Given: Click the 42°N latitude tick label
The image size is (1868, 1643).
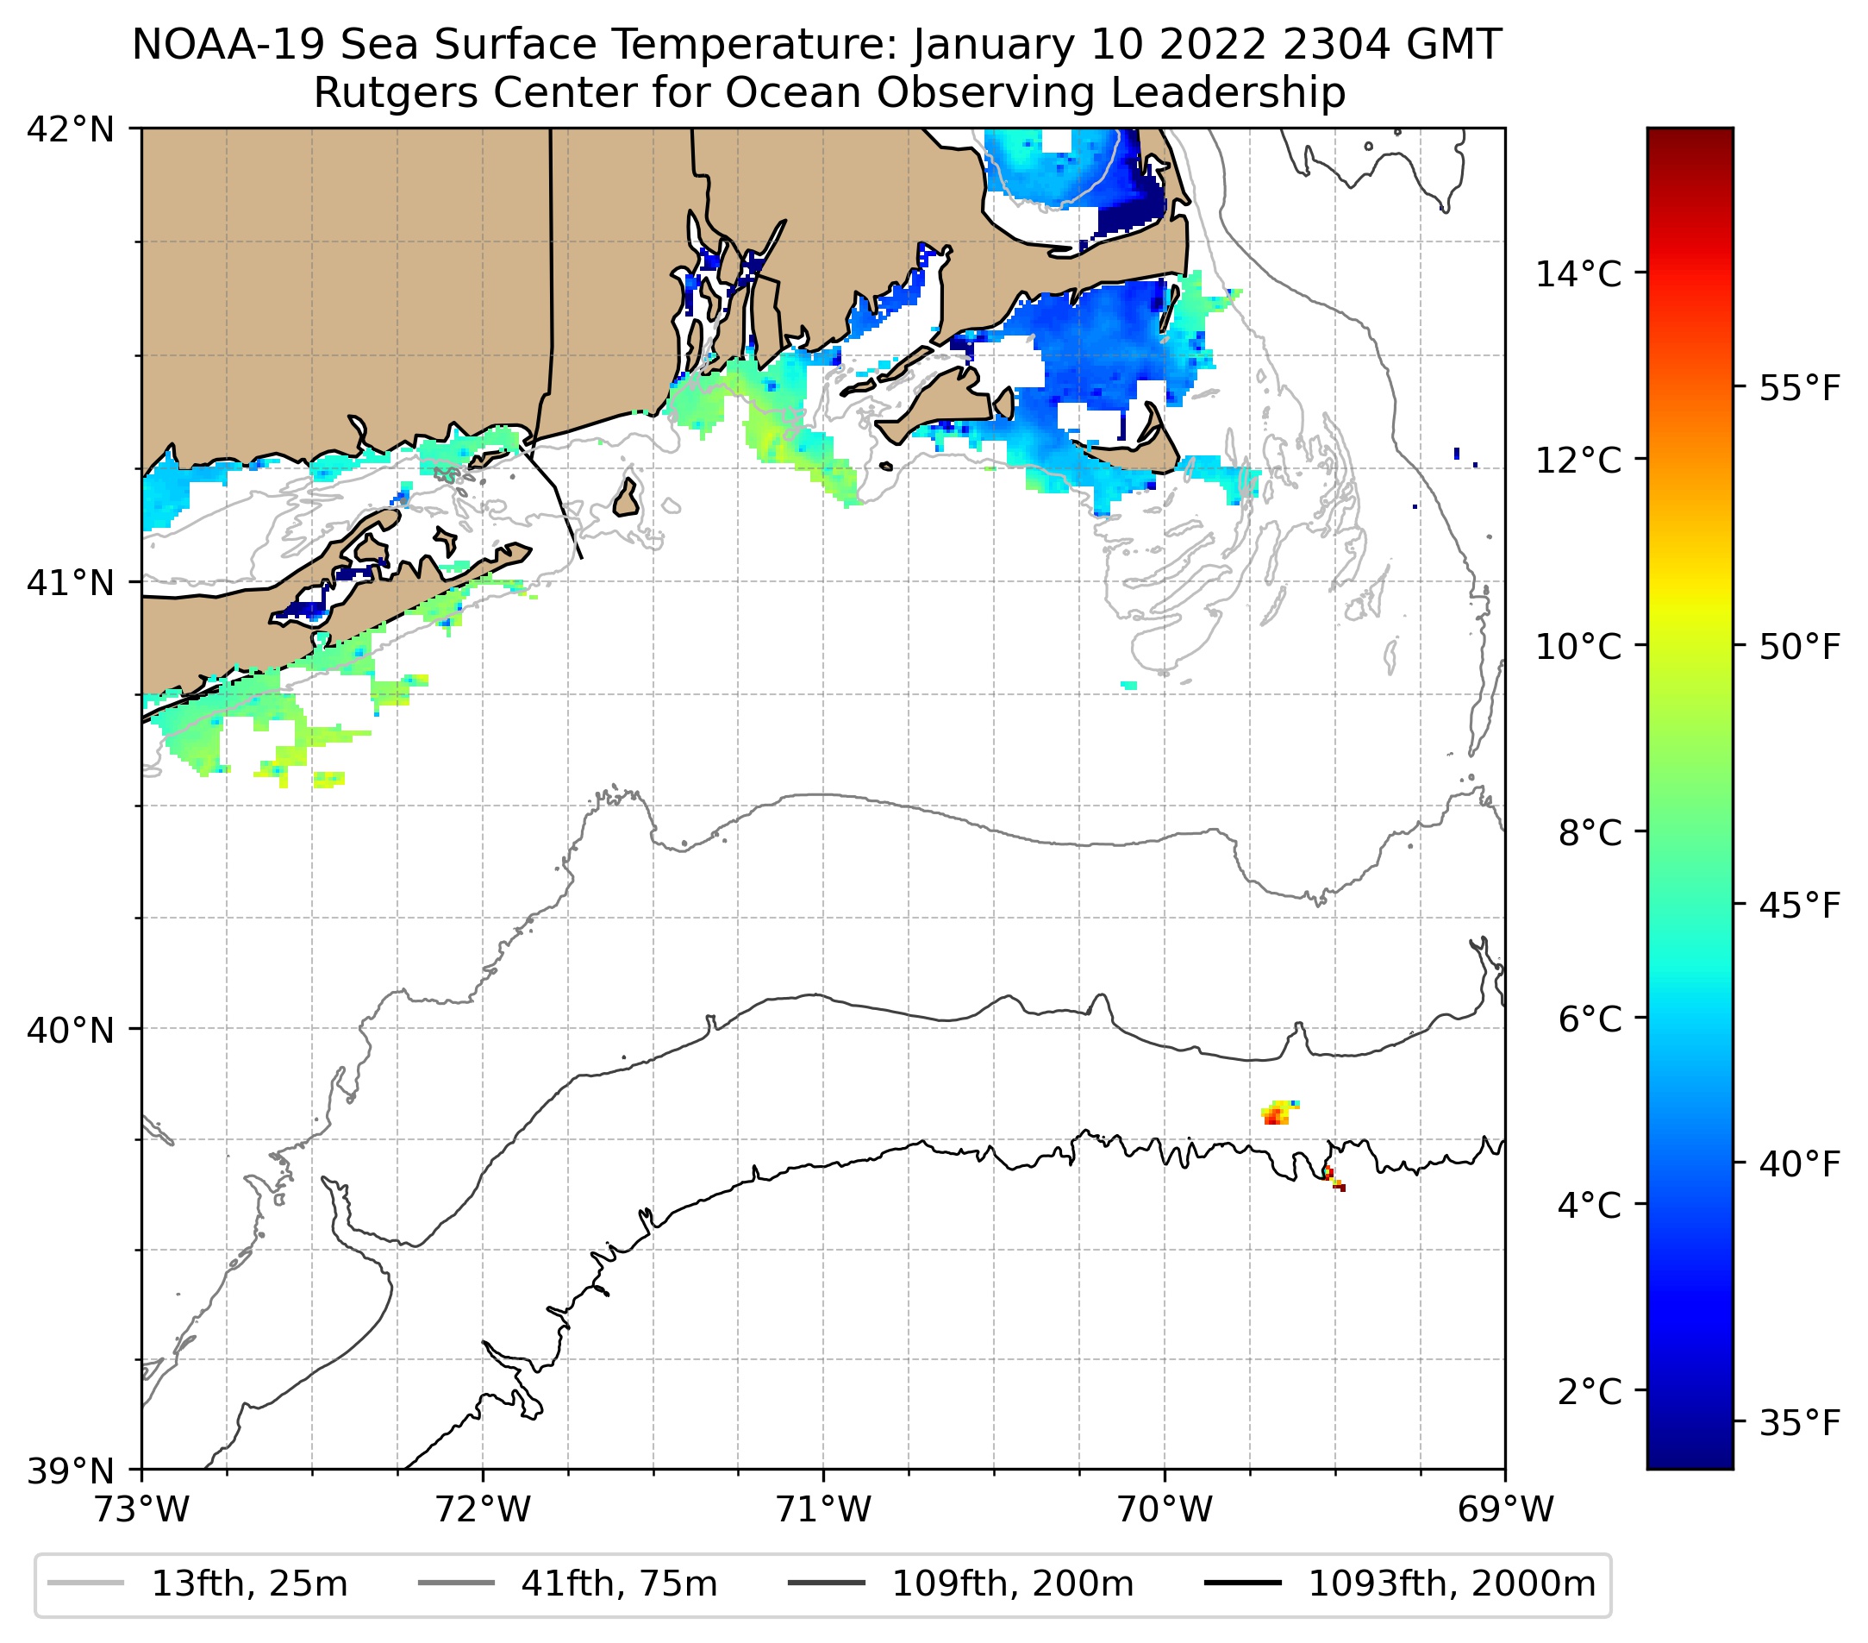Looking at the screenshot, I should click(71, 130).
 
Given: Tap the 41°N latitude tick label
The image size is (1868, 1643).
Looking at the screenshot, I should click(71, 582).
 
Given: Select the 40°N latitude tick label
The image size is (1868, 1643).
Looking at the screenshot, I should click(71, 1031).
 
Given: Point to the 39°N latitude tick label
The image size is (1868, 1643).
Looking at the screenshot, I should click(71, 1471).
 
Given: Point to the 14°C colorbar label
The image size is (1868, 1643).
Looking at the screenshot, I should click(1578, 273).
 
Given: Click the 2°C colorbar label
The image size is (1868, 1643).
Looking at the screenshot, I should click(1590, 1391).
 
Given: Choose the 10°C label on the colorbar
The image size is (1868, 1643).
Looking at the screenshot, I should click(1578, 646).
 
